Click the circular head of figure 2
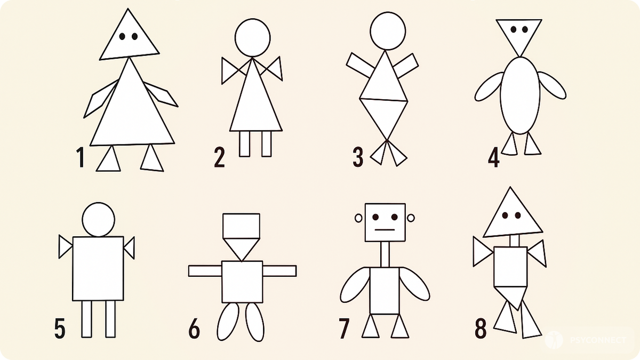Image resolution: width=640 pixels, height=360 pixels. (x=253, y=38)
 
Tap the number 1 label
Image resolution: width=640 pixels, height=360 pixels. (x=81, y=157)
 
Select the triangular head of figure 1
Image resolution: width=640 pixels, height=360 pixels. (x=129, y=37)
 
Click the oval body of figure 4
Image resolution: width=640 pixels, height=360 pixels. (x=520, y=95)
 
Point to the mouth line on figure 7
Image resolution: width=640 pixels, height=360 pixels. (x=385, y=229)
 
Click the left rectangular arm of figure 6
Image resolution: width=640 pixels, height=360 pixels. (x=205, y=271)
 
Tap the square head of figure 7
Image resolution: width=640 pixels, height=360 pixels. (x=385, y=222)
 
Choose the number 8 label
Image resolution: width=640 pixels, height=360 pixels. (x=481, y=329)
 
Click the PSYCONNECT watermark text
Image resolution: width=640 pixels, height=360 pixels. (x=598, y=340)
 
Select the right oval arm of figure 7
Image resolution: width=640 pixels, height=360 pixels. (x=414, y=284)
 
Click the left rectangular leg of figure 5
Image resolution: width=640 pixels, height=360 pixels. (x=86, y=319)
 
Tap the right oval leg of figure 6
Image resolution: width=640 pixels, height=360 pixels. (x=255, y=322)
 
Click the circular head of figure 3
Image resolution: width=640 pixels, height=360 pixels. (x=388, y=31)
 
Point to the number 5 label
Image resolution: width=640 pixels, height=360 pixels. (x=60, y=329)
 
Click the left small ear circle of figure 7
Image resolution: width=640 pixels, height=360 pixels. (x=358, y=218)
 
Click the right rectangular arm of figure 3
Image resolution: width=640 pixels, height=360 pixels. (x=406, y=66)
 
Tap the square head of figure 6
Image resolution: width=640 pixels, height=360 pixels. (x=242, y=226)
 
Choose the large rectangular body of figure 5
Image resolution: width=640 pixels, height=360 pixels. (x=98, y=268)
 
